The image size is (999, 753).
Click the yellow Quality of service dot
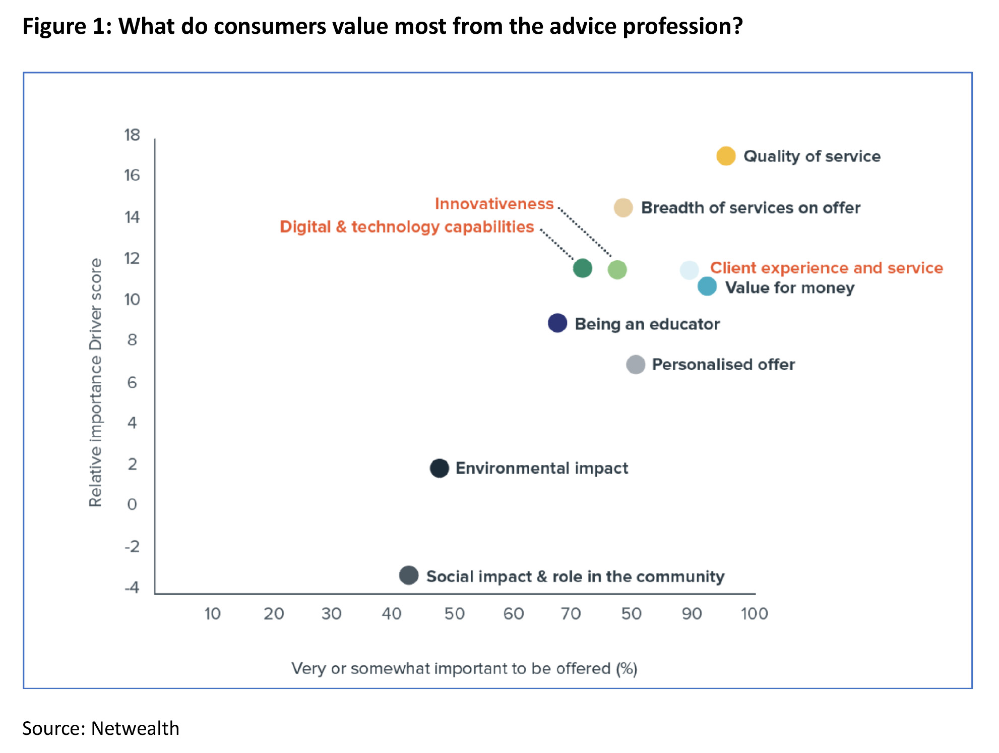point(726,156)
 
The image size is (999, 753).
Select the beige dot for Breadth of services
point(623,208)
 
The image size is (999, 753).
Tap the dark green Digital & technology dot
point(582,268)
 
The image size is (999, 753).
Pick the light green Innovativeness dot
point(617,270)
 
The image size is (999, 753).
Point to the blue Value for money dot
point(707,286)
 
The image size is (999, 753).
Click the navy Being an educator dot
point(557,323)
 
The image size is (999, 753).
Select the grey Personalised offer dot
point(636,364)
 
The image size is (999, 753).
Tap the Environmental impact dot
point(439,468)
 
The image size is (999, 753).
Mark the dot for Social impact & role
point(408,575)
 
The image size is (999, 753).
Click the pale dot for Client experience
point(689,270)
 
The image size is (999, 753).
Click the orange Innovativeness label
point(494,204)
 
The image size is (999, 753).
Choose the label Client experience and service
point(826,268)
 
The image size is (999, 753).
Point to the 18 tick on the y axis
point(132,135)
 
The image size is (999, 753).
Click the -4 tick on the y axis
point(132,587)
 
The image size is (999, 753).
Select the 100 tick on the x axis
point(754,614)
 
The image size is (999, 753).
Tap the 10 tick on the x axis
point(212,614)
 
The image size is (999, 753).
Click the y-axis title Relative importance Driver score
point(95,382)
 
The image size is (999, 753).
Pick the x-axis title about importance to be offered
point(464,668)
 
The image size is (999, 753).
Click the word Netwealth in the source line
point(135,728)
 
